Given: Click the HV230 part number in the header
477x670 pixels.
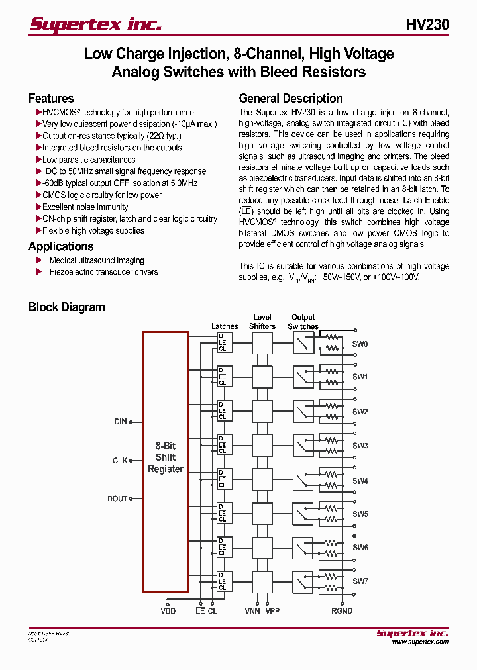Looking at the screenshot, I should coord(427,24).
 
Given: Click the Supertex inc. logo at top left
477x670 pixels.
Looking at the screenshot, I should coord(95,24).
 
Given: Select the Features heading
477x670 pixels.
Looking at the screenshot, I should coord(51,99).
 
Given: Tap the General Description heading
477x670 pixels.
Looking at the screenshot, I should coord(290,99).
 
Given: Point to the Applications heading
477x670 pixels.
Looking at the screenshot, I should coord(61,246).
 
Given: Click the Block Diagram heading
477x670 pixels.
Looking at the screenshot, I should coord(66,307).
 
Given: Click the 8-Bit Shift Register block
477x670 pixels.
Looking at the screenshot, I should coord(165,457).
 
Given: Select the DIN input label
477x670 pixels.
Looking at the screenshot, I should coord(121,421).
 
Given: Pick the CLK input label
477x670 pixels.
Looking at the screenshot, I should coord(120,460).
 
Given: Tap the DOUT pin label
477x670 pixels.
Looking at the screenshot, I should coord(117,499).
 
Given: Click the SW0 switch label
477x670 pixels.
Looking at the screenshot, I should coord(360,344).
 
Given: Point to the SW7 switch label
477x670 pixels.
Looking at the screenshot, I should coord(360,581).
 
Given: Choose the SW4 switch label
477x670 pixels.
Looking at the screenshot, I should coord(360,481).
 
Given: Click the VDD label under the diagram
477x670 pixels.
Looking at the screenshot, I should coord(168,611).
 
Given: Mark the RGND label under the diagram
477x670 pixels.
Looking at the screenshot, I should coord(342,611).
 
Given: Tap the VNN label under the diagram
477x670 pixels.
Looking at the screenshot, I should coord(252,611).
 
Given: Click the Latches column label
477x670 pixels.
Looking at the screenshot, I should coord(225,326).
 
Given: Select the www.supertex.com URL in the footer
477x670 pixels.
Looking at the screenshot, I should coord(420,642).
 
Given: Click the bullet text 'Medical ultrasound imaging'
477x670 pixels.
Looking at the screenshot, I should coord(96,260).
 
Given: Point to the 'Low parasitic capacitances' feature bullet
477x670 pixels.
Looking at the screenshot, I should coord(89,160).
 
